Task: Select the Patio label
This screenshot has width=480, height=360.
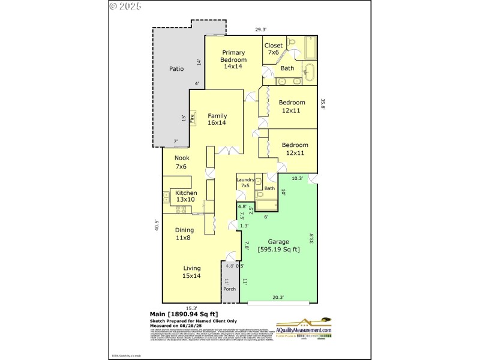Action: (176, 69)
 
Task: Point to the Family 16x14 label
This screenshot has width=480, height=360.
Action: (217, 119)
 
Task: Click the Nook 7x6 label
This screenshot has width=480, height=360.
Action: (182, 162)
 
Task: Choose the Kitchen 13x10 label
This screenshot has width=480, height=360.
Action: (186, 196)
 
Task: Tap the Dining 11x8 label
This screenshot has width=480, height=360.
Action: (184, 234)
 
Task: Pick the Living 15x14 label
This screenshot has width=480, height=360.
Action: (192, 272)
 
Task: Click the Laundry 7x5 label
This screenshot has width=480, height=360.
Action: (245, 183)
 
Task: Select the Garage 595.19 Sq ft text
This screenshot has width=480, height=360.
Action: (278, 246)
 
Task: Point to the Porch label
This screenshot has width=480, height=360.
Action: (229, 289)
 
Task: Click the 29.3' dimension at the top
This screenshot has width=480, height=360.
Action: (260, 29)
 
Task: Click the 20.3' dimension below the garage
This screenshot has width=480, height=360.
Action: (278, 296)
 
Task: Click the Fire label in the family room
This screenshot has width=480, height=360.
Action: (193, 118)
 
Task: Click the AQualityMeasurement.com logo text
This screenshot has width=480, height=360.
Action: (304, 330)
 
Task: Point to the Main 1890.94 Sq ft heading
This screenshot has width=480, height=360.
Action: (183, 313)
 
